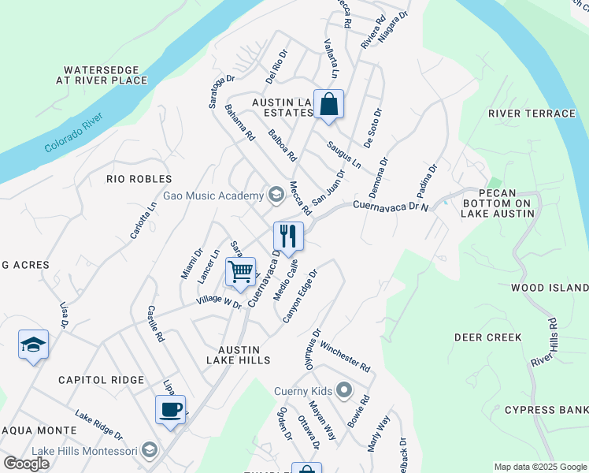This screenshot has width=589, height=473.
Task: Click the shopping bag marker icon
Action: click(328, 104)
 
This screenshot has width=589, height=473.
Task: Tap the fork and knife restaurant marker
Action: click(288, 236)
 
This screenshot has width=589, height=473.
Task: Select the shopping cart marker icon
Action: click(241, 272)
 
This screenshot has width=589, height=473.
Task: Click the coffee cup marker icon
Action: click(171, 409)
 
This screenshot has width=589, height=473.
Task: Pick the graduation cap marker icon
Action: click(34, 345)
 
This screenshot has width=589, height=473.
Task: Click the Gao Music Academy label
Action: click(213, 196)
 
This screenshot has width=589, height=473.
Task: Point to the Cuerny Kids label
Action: click(303, 390)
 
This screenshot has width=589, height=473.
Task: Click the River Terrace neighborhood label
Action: click(532, 114)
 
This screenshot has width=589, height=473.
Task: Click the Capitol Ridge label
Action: click(102, 380)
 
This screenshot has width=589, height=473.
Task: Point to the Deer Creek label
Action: click(488, 337)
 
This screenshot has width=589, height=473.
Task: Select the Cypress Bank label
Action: click(546, 410)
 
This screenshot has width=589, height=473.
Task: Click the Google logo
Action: click(26, 464)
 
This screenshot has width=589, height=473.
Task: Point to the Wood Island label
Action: click(550, 288)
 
